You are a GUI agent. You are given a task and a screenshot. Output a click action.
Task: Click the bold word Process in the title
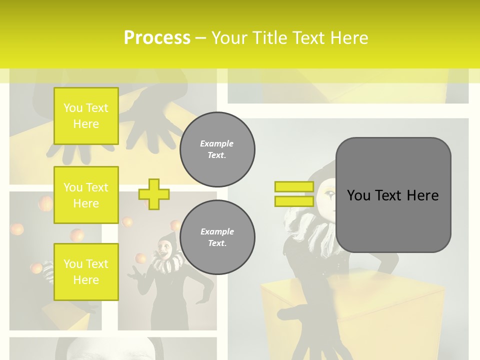[156, 38]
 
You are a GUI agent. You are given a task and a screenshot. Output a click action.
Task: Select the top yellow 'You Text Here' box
[86, 116]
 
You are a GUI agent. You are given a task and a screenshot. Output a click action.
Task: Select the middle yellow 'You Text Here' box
[86, 195]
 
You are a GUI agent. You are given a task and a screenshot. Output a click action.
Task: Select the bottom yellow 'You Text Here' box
[86, 271]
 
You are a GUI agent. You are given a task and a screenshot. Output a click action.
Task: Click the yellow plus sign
[154, 194]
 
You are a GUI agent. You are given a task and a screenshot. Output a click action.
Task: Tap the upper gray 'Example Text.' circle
[217, 149]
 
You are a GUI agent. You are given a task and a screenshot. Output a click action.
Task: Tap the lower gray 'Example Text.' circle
[217, 237]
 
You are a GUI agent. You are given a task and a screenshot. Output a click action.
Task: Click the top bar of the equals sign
[294, 187]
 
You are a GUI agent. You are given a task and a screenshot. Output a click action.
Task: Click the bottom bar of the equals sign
[294, 201]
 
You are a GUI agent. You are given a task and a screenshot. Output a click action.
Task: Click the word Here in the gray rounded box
[422, 195]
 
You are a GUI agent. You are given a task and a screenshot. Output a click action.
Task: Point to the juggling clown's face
[164, 245]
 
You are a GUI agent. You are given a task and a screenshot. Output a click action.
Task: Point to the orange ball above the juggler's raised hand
[140, 258]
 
